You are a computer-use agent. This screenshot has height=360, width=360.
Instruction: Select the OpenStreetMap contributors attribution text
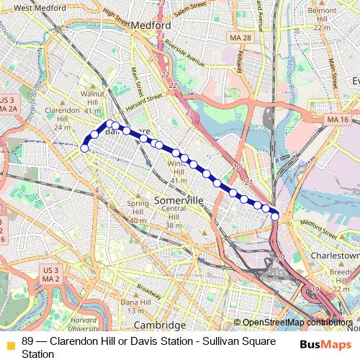297,323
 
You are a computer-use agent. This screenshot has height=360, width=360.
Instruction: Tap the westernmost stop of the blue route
84,148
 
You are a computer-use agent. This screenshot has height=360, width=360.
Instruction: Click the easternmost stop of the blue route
275,216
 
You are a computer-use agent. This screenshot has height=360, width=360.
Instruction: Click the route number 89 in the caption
27,341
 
